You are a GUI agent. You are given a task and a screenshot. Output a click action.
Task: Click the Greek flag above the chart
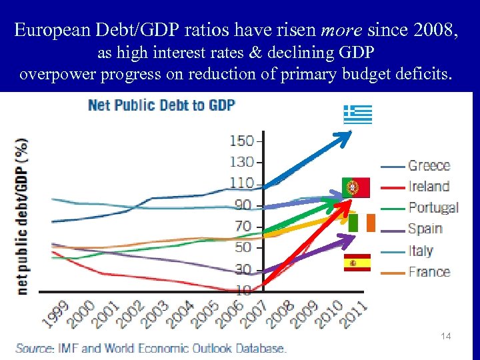357,115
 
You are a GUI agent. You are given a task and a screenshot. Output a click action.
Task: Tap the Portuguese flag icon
355,187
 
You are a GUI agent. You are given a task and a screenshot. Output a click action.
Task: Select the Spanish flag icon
356,263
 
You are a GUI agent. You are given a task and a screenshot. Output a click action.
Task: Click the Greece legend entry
428,165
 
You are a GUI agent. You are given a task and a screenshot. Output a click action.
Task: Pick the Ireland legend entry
428,186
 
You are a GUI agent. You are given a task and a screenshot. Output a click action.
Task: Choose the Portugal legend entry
433,207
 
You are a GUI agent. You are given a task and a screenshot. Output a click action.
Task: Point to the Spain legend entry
424,229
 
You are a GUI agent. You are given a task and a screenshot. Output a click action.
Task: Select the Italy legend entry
420,251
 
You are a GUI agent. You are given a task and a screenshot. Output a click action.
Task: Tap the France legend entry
428,272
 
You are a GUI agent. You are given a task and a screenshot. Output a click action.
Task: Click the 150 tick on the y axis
241,141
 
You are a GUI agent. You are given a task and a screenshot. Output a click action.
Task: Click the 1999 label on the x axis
57,313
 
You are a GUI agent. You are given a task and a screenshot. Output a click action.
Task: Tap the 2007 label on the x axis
254,313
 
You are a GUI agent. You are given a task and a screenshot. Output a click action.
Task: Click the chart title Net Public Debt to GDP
161,105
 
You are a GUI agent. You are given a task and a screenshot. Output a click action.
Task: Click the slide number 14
445,337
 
